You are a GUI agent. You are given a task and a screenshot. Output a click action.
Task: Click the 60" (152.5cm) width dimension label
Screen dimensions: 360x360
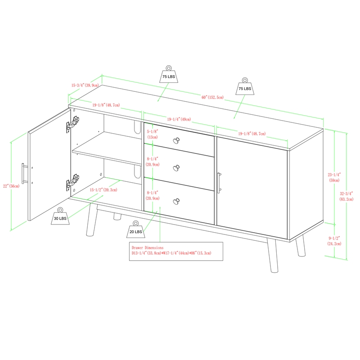pyautogui.click(x=212, y=97)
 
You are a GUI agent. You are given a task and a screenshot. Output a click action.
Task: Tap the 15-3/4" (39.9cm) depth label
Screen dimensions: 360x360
pyautogui.click(x=85, y=85)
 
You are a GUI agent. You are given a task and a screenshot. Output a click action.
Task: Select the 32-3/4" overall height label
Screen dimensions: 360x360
pyautogui.click(x=346, y=196)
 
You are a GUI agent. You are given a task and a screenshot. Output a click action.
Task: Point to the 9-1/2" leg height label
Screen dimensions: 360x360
pyautogui.click(x=334, y=241)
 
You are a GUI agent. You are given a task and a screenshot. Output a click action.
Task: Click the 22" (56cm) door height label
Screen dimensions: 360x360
pyautogui.click(x=11, y=186)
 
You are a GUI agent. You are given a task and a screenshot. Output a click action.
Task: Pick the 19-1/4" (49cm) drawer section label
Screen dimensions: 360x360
pyautogui.click(x=179, y=119)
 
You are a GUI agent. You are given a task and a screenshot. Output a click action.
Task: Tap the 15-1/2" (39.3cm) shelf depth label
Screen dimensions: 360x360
pyautogui.click(x=103, y=189)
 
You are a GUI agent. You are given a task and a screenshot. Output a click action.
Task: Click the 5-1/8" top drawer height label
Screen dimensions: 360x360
pyautogui.click(x=153, y=134)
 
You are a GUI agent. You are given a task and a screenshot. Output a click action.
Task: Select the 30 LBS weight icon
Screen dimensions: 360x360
pyautogui.click(x=60, y=216)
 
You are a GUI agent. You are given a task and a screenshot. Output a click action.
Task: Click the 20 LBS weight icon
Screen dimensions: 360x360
pyautogui.click(x=136, y=229)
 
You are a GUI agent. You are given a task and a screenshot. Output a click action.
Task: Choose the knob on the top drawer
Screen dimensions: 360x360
pyautogui.click(x=176, y=140)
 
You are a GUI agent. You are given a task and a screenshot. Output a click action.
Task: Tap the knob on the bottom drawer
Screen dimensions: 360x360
pyautogui.click(x=176, y=201)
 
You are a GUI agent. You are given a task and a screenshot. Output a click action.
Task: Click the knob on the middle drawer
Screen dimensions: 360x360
pyautogui.click(x=176, y=168)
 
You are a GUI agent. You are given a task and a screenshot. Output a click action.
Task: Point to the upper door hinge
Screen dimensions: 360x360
pyautogui.click(x=72, y=124)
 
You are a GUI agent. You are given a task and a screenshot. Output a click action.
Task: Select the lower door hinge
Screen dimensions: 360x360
pyautogui.click(x=72, y=182)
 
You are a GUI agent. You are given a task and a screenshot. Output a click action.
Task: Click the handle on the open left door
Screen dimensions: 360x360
pyautogui.click(x=24, y=174)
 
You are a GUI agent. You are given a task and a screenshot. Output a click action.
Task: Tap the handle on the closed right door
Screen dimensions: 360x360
pyautogui.click(x=219, y=183)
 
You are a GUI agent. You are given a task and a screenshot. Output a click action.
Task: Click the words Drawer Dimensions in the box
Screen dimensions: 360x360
pyautogui.click(x=148, y=248)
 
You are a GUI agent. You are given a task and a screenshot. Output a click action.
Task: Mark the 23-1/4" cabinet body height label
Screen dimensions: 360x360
pyautogui.click(x=334, y=177)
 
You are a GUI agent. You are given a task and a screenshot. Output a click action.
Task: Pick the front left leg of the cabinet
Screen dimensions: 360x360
pyautogui.click(x=92, y=220)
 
